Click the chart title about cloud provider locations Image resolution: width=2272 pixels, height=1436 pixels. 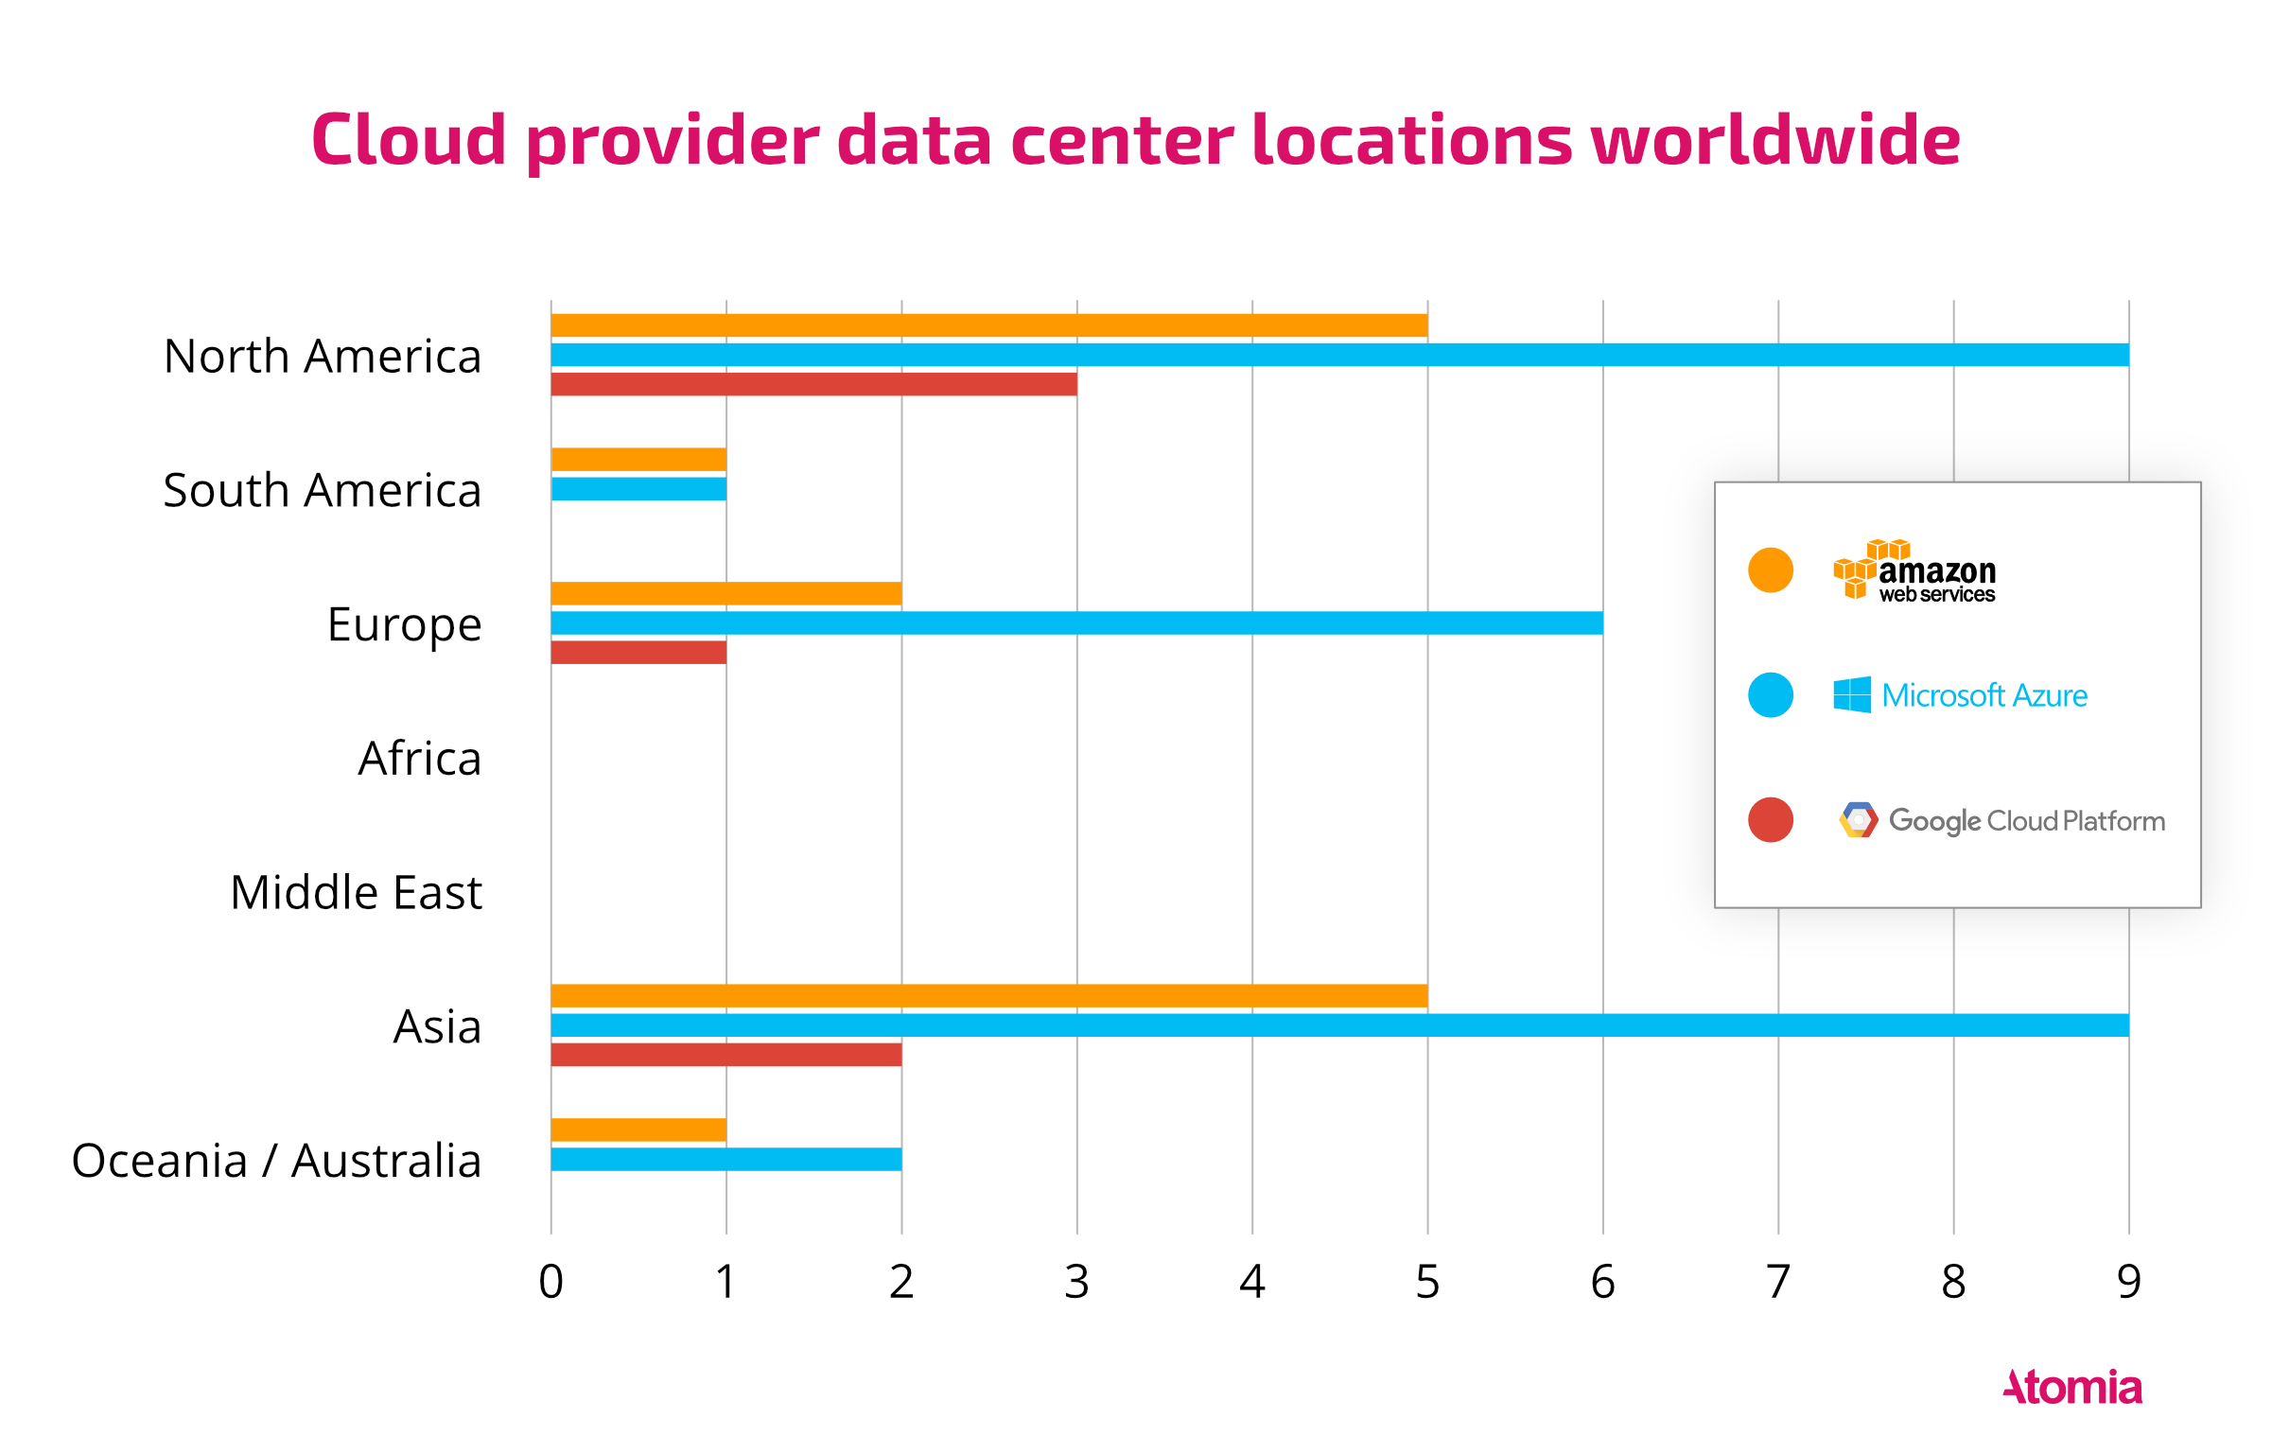pos(1135,140)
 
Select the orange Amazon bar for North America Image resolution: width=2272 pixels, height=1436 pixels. pos(988,325)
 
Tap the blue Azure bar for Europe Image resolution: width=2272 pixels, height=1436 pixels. pos(1076,622)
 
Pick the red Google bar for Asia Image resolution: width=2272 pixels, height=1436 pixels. pos(725,1054)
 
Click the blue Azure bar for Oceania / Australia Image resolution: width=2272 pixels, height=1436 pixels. pos(725,1159)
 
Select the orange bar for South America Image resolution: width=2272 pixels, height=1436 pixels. pos(638,460)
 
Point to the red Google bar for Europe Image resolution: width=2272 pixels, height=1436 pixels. pos(638,652)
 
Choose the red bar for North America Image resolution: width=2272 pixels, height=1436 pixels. pos(813,384)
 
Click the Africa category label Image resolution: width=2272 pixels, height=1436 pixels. pos(419,759)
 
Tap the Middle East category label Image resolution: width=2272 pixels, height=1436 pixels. pos(356,893)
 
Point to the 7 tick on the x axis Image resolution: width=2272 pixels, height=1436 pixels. pos(1778,1282)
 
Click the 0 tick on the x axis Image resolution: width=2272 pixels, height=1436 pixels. pos(551,1282)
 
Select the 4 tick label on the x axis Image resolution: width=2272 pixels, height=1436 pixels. pos(1252,1282)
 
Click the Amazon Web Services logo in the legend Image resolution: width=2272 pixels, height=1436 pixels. pos(1914,570)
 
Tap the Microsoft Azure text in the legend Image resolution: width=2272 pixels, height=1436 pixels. pos(1984,695)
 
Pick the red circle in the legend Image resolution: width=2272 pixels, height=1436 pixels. pos(1771,819)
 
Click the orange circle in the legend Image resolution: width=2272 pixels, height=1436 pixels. pos(1771,570)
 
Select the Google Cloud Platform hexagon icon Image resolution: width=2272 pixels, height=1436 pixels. pos(1858,819)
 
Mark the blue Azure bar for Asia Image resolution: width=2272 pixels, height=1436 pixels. pos(1339,1024)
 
